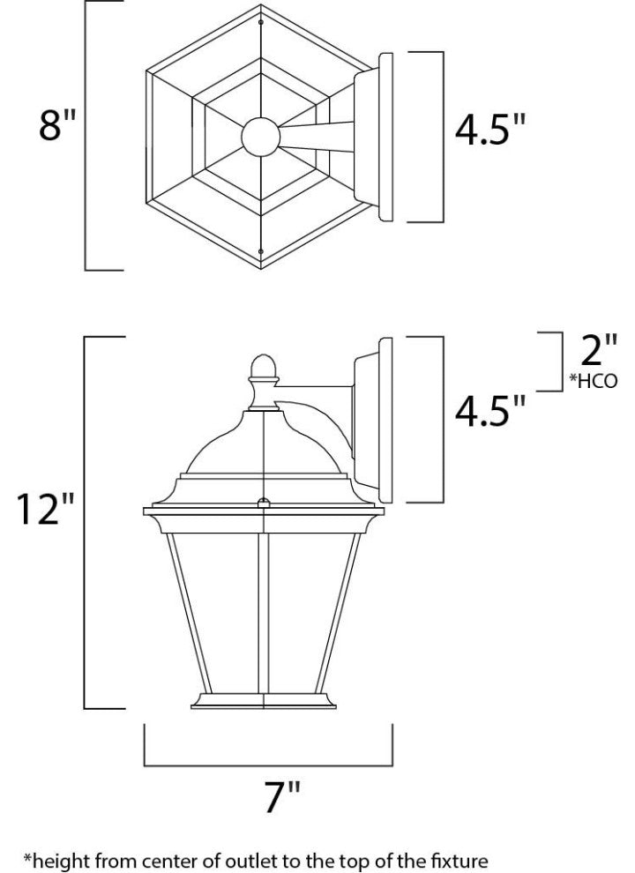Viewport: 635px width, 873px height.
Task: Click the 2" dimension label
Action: tap(594, 351)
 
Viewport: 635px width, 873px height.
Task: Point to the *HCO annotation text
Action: tap(594, 382)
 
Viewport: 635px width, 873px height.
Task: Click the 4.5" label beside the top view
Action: tap(490, 129)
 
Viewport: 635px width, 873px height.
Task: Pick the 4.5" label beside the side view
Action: tap(490, 411)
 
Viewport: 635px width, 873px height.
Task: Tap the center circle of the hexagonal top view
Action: tap(261, 138)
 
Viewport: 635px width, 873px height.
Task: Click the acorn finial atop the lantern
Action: tap(261, 369)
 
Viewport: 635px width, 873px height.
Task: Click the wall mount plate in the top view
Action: tap(385, 138)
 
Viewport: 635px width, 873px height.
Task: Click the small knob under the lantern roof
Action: tap(261, 504)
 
